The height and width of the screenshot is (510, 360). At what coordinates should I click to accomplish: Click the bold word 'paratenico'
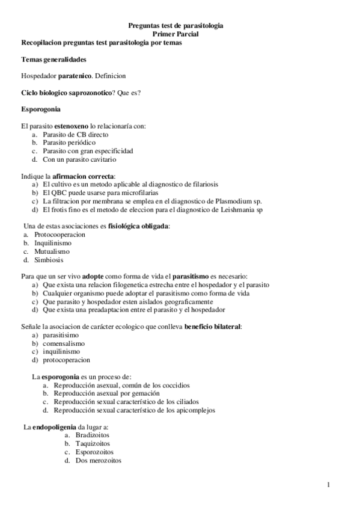click(75, 76)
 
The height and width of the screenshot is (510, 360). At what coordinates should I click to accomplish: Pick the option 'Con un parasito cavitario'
click(79, 160)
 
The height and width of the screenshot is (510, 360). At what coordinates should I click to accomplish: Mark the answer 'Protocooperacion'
click(59, 234)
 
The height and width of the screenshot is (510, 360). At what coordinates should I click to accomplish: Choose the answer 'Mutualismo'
click(52, 251)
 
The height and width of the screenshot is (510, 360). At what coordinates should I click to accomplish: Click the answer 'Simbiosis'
click(49, 260)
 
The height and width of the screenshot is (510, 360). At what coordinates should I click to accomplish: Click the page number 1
click(329, 484)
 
